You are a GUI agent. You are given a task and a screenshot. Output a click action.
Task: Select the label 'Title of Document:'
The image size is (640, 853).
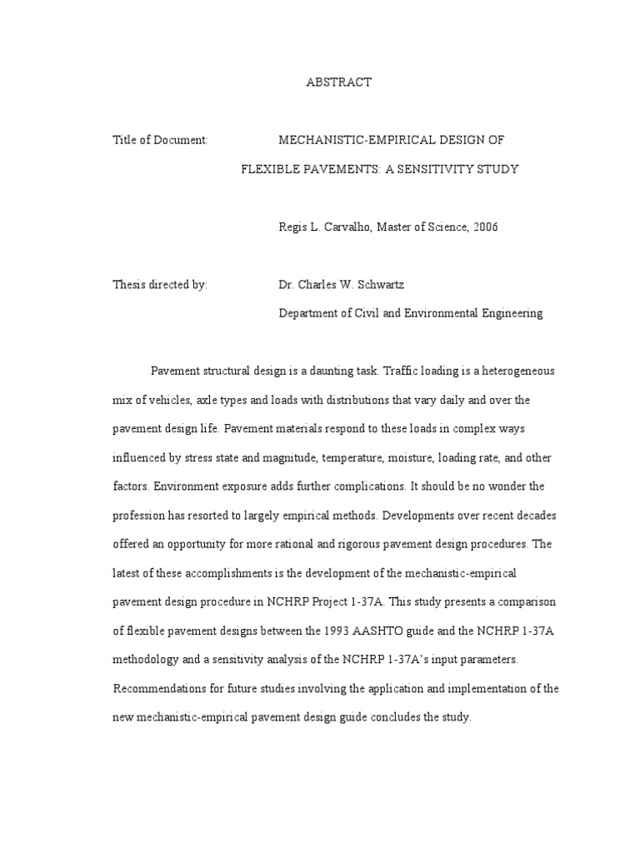[x=160, y=141]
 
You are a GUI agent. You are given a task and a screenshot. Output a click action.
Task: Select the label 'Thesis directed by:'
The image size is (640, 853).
[x=160, y=285]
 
